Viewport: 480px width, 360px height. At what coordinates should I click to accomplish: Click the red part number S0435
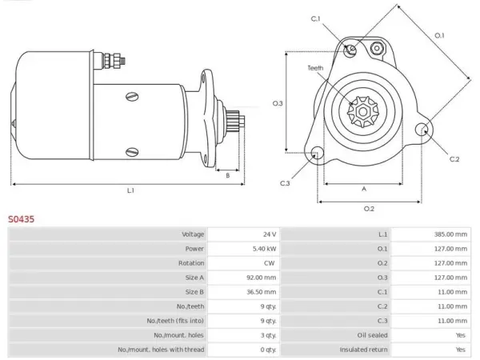(x=21, y=219)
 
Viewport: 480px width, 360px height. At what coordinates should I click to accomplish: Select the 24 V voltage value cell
(x=270, y=234)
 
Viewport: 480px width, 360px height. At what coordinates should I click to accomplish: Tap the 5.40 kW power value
(x=264, y=249)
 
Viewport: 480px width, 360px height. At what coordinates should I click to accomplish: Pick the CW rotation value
(x=270, y=263)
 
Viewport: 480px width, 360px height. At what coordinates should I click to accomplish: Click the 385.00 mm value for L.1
(x=450, y=234)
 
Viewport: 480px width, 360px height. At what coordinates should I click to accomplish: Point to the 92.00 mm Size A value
(x=261, y=278)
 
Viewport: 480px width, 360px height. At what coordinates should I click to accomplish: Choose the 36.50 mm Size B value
(x=261, y=292)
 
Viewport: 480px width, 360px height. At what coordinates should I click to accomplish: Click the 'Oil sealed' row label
(x=372, y=335)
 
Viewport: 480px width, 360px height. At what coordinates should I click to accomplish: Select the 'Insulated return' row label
(x=363, y=350)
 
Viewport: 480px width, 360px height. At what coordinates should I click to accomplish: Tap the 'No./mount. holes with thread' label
(x=161, y=350)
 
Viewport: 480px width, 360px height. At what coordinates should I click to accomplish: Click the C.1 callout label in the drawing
(x=316, y=18)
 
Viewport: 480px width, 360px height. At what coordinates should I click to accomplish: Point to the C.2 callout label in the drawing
(x=454, y=159)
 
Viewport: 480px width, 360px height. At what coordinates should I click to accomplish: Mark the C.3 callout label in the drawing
(x=285, y=183)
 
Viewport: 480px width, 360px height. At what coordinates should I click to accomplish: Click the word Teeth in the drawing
(x=315, y=68)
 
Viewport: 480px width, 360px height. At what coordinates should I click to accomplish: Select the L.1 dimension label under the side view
(x=130, y=190)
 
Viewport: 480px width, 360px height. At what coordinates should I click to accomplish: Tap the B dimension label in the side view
(x=227, y=176)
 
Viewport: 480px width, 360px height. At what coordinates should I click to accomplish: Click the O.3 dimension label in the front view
(x=278, y=103)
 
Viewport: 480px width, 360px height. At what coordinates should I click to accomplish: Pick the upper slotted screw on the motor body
(x=132, y=97)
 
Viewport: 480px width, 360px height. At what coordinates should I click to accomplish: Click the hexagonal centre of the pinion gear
(x=363, y=112)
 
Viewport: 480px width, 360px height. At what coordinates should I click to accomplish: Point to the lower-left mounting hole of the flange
(x=316, y=154)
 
